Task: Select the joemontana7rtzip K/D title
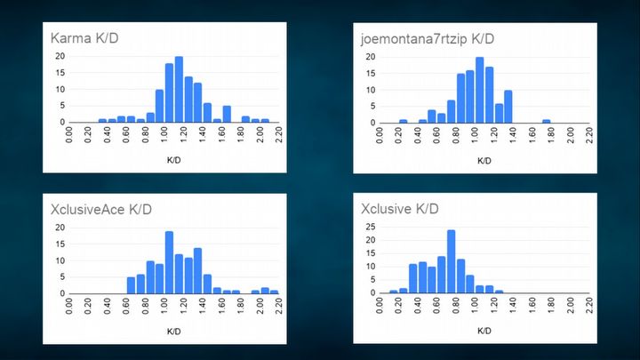428,39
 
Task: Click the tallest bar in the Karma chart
179,90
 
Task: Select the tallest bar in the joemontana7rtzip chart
479,90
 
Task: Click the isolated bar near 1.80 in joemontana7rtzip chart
547,120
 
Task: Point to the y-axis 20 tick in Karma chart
60,56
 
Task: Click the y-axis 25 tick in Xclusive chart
372,228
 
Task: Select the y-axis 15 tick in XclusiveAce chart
60,244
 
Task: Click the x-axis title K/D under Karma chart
174,161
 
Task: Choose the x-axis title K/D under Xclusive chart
484,332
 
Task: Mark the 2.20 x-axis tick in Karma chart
280,134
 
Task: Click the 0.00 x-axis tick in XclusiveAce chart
71,306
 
